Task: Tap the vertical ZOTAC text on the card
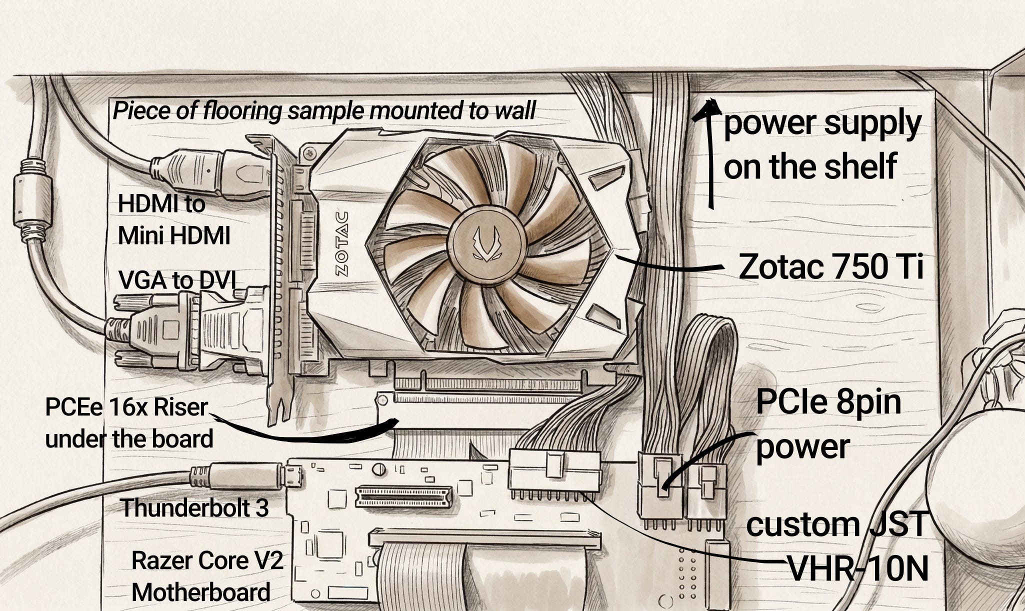coord(341,244)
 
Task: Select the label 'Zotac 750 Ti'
coord(830,267)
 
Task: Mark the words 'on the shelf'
coord(810,166)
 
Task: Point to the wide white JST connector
coord(554,470)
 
